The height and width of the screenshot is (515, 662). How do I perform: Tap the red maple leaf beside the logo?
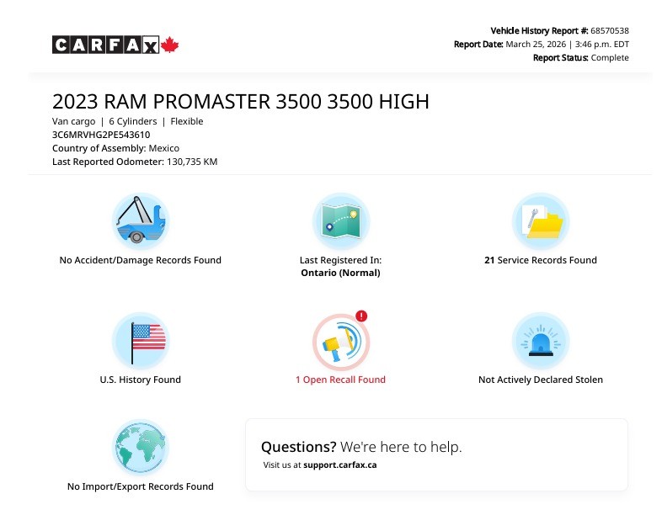(x=170, y=45)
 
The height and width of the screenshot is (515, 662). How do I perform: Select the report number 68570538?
(x=610, y=31)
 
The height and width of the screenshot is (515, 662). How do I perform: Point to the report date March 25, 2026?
(x=536, y=45)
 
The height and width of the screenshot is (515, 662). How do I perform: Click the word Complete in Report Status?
(x=610, y=58)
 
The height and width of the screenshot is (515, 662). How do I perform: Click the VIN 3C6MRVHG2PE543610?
(x=101, y=135)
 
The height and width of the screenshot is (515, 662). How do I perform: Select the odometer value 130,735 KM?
(x=192, y=162)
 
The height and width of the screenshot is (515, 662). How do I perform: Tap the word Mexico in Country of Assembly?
(x=163, y=148)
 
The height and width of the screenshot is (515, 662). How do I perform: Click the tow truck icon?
(x=141, y=221)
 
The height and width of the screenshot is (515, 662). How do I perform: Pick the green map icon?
(x=341, y=221)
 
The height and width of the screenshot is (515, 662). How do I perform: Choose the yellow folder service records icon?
(x=541, y=221)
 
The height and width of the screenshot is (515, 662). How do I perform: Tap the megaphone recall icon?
(x=341, y=342)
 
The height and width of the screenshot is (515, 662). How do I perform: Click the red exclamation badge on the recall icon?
(x=361, y=316)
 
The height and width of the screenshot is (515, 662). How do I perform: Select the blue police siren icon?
(x=541, y=341)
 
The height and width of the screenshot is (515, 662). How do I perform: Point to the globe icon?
(x=141, y=448)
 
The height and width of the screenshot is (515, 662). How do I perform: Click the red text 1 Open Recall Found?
(x=341, y=380)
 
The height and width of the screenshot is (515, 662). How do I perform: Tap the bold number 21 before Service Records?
(x=489, y=260)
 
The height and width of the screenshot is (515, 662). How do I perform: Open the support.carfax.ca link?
(x=340, y=465)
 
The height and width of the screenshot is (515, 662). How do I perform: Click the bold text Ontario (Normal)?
(x=341, y=273)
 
